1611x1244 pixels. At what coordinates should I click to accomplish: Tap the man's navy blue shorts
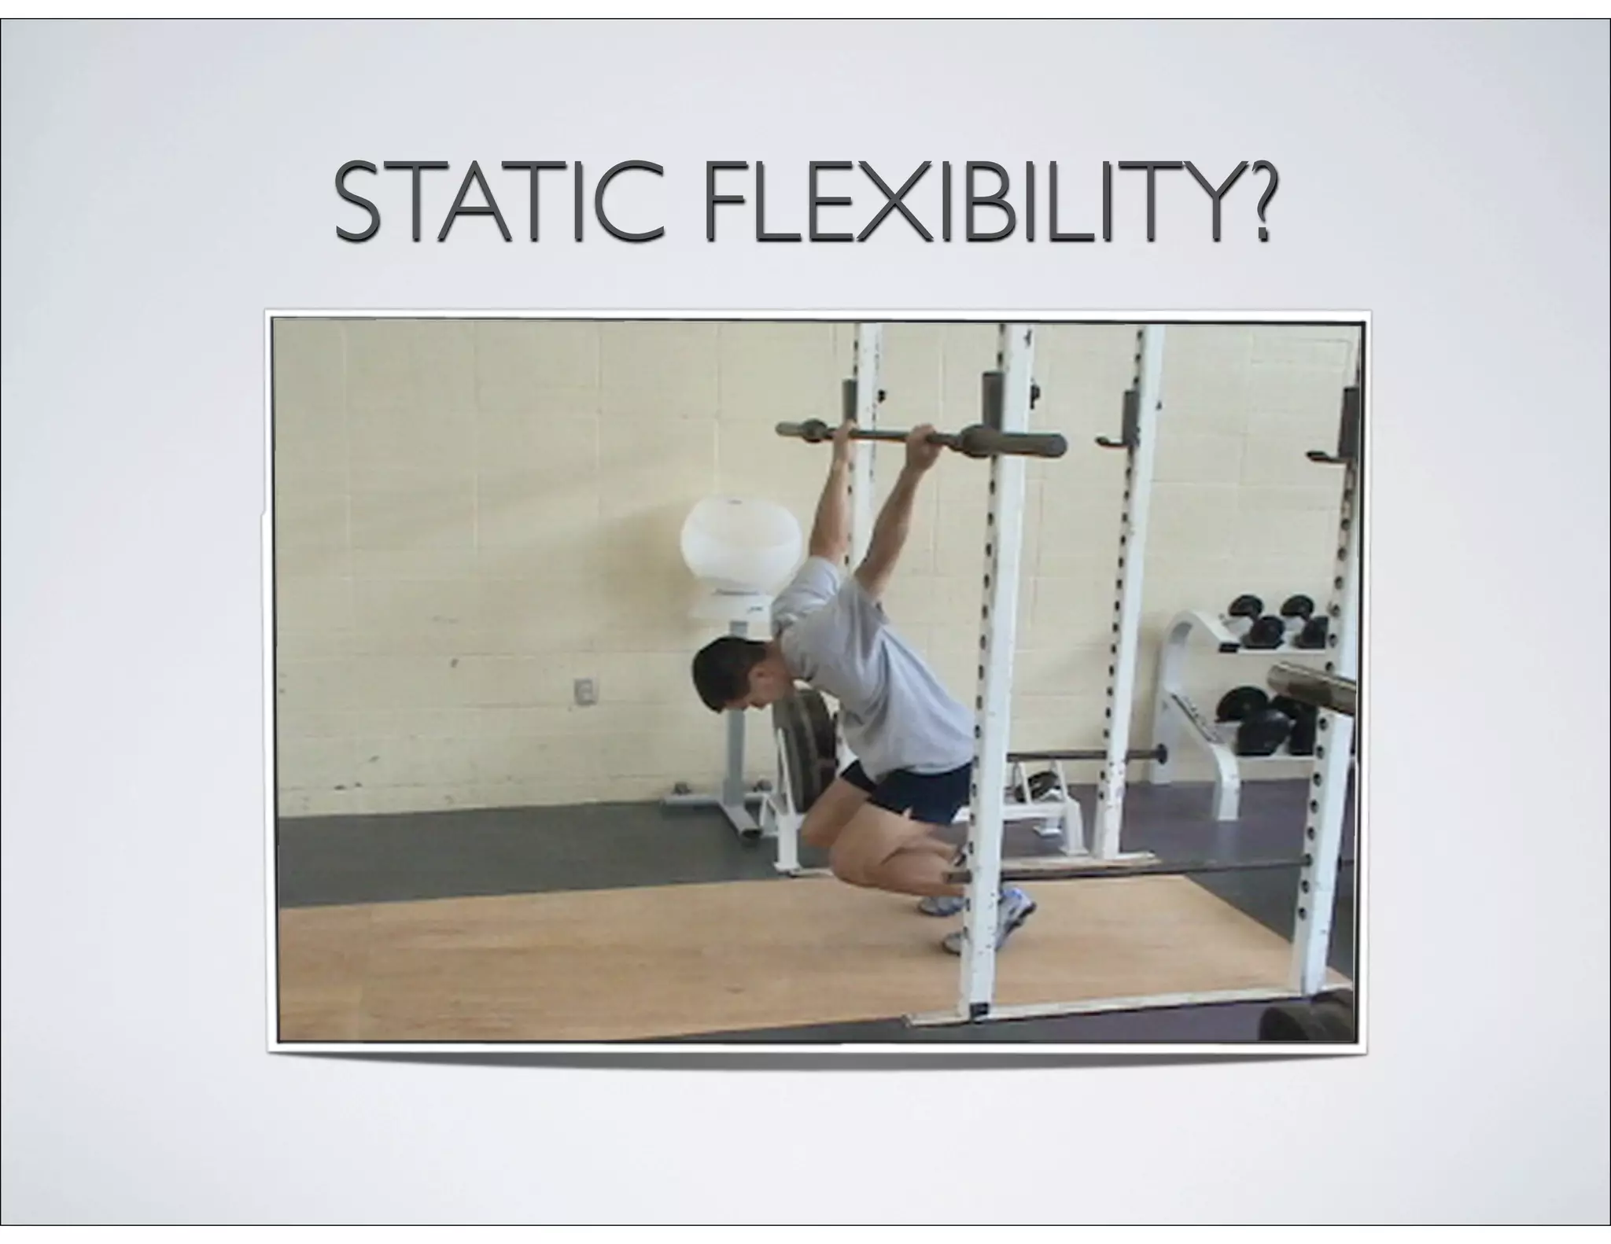(912, 794)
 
